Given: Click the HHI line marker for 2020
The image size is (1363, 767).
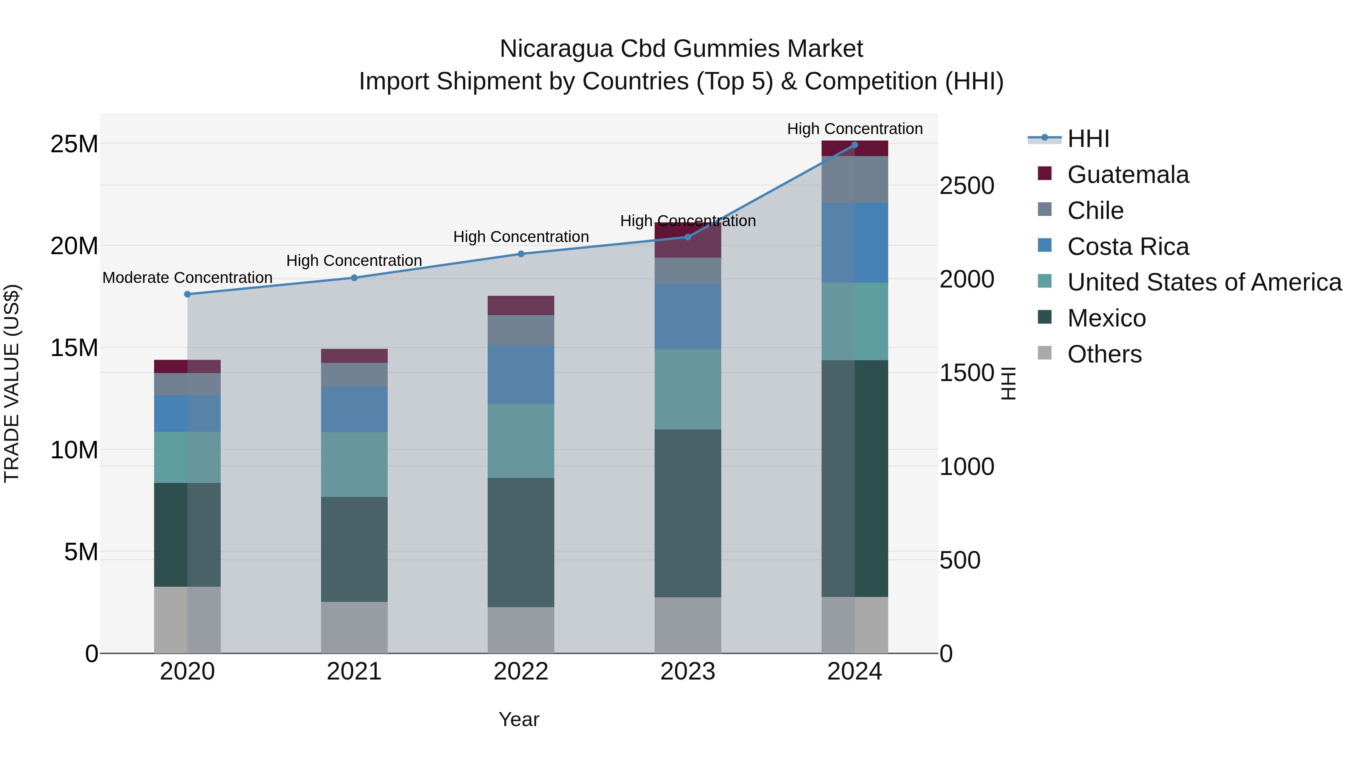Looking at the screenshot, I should coord(187,294).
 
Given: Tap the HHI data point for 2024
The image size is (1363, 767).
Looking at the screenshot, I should coord(855,145).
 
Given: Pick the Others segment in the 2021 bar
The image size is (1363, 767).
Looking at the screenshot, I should coord(354,627).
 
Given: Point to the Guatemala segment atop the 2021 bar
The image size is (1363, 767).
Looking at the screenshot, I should coord(354,356).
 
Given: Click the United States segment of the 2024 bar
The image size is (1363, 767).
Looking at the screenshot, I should coord(855,321).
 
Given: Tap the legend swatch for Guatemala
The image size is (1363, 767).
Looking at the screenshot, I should coord(1045,173).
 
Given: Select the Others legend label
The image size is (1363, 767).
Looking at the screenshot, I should coord(1104,354).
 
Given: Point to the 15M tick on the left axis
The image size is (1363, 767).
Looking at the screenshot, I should coord(74,348).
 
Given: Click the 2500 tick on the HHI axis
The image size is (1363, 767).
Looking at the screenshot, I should coord(967,186).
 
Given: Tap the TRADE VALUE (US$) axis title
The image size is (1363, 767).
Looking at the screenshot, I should coord(12,383).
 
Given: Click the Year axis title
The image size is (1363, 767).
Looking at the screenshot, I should coord(519,719).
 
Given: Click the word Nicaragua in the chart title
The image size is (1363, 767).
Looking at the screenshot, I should coord(556,49).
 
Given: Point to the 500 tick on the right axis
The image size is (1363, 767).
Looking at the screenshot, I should coord(960,560).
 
